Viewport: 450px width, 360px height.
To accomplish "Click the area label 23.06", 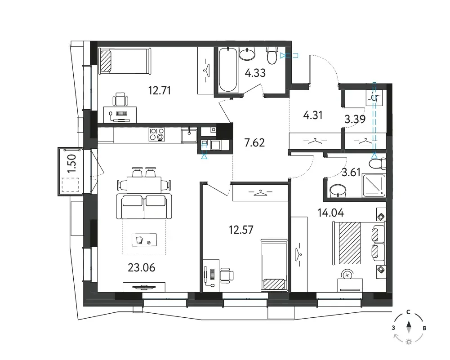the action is [x=142, y=267].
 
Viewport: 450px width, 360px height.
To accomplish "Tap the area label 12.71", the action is [x=160, y=91].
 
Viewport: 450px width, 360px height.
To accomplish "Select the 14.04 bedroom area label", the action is [x=330, y=213].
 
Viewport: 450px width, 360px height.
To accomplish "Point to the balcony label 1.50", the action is [x=72, y=164].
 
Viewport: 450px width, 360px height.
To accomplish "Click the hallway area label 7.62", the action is [x=254, y=142].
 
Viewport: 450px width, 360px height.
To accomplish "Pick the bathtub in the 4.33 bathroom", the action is [x=228, y=70].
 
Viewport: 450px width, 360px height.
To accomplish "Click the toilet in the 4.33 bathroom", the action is [x=272, y=55].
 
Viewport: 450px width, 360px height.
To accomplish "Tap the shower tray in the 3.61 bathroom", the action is [x=374, y=186].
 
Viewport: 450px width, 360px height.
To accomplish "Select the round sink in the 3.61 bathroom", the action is [x=338, y=191].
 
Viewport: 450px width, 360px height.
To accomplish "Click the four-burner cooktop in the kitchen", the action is [x=157, y=134].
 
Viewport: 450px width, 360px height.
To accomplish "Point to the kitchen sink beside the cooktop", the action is [x=189, y=135].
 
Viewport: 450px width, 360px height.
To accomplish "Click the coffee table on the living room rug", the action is [x=144, y=240].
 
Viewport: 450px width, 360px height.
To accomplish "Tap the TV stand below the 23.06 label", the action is [x=144, y=287].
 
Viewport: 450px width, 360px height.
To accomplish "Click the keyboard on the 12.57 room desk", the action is [x=212, y=274].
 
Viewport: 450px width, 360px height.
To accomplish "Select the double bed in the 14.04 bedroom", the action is [x=359, y=243].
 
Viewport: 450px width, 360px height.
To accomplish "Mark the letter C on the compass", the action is [x=408, y=312].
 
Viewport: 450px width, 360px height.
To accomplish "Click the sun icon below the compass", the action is [x=409, y=342].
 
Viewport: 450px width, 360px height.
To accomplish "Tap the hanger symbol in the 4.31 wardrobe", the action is [x=315, y=141].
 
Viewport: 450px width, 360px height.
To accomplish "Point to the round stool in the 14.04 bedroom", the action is [x=348, y=275].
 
